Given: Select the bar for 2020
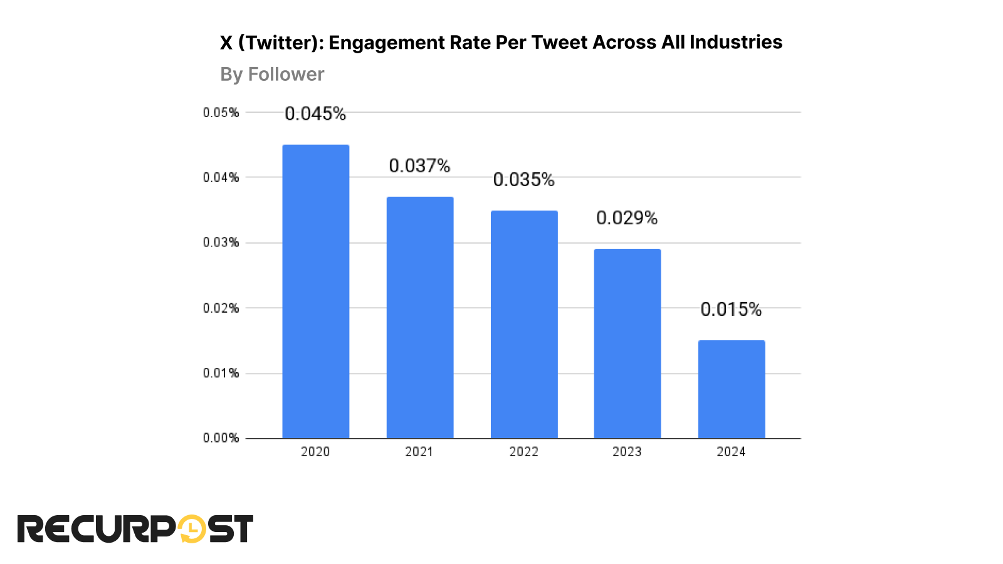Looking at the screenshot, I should point(315,291).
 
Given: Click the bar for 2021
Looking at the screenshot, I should point(419,318).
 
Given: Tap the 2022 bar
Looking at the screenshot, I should point(524,325).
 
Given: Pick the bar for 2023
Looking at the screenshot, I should point(628,343).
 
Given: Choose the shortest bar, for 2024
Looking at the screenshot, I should point(732,389).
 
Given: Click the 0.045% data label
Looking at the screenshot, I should point(315,113).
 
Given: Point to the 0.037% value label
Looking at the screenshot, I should point(419,166).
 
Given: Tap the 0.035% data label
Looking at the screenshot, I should point(524,180).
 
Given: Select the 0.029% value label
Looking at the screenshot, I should point(627,218).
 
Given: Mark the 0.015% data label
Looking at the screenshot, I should point(731,310).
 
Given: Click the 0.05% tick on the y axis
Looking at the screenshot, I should point(221,113).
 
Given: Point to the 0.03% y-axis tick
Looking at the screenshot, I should point(221,243).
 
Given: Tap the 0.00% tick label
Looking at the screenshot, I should point(221,438).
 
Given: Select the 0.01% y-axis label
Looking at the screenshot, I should point(221,373).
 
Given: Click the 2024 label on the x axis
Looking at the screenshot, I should point(731,452).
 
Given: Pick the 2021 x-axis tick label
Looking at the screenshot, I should point(419,452).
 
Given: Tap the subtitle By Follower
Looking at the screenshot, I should point(272,75).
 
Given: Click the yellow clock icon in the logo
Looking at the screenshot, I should point(192,530).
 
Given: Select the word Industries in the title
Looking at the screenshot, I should point(736,42).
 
